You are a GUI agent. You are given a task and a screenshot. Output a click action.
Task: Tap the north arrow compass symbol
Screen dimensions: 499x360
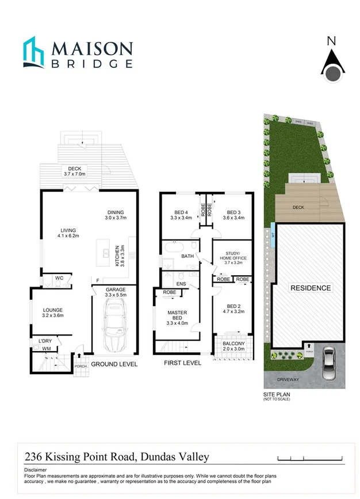coord(331,65)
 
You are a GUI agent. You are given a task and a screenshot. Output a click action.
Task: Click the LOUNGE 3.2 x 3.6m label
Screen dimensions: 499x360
coord(52,313)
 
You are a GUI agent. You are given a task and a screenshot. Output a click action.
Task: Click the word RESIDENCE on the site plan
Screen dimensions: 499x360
coord(310,288)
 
